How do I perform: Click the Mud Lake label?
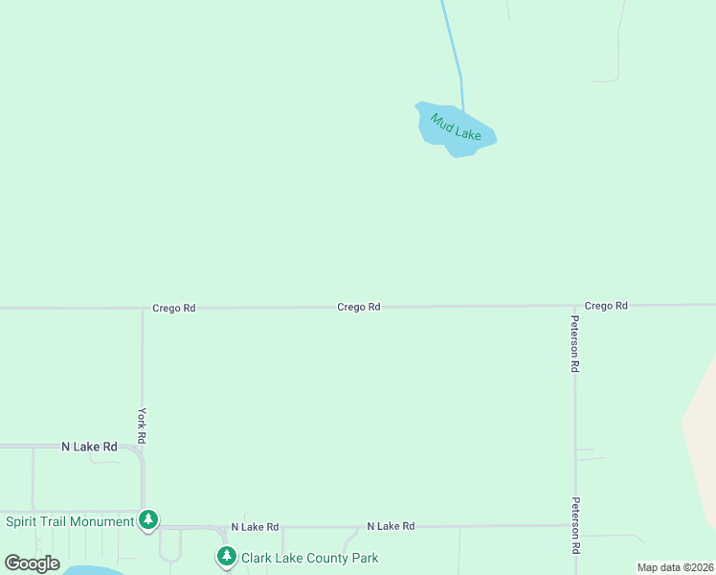455,126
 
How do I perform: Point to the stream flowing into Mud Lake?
453,48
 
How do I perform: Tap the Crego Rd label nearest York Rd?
173,309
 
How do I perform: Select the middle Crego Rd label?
359,307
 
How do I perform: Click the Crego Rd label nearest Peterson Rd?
606,306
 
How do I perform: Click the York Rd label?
142,424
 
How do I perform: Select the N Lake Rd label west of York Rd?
89,447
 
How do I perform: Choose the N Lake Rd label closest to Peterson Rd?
391,526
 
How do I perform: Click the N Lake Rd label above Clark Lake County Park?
255,527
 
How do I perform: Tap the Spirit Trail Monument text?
70,521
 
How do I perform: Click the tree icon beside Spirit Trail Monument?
147,519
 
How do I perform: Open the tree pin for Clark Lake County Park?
226,556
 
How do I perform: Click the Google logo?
32,563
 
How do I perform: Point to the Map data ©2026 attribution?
675,567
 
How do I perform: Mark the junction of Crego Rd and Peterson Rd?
575,306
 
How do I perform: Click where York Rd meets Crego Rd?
143,309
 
